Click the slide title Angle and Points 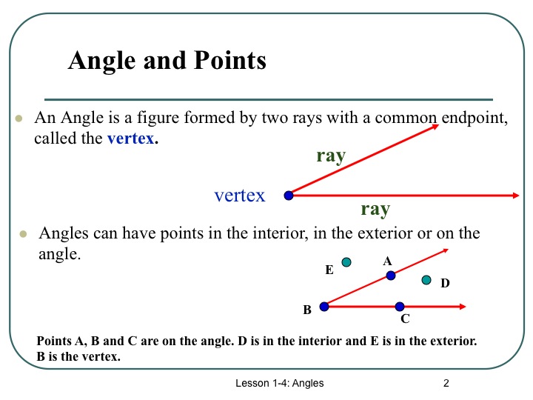pyautogui.click(x=167, y=60)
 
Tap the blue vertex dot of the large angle pyautogui.click(x=289, y=196)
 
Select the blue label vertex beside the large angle pyautogui.click(x=239, y=196)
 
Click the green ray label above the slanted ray pyautogui.click(x=331, y=156)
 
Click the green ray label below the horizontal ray pyautogui.click(x=375, y=210)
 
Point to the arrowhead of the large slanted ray pyautogui.click(x=435, y=127)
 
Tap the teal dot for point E pyautogui.click(x=346, y=261)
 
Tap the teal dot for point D pyautogui.click(x=426, y=280)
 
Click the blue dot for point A pyautogui.click(x=391, y=276)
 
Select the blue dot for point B pyautogui.click(x=324, y=306)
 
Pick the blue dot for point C pyautogui.click(x=400, y=306)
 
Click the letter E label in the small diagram pyautogui.click(x=329, y=271)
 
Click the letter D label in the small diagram pyautogui.click(x=445, y=283)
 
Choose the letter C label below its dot pyautogui.click(x=405, y=320)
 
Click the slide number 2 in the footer pyautogui.click(x=446, y=383)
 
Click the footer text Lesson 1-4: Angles pyautogui.click(x=280, y=383)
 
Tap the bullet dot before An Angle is pyautogui.click(x=19, y=119)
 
